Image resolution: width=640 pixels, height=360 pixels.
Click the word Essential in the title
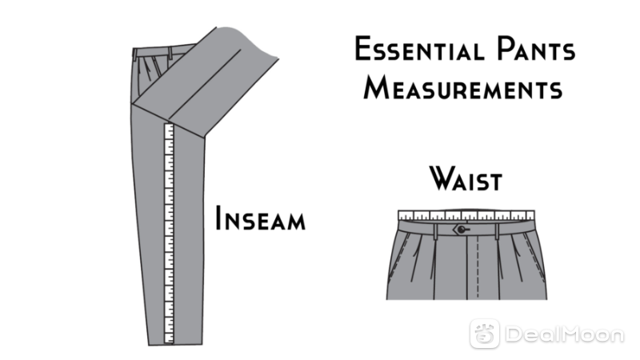click(x=419, y=49)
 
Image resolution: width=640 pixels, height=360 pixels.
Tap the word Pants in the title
click(x=536, y=49)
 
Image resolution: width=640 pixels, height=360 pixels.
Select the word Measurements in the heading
click(x=463, y=87)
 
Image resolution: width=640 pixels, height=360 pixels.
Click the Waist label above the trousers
click(x=466, y=178)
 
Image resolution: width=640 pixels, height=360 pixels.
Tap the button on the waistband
click(x=461, y=230)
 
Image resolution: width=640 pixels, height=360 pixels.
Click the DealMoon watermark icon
click(x=485, y=334)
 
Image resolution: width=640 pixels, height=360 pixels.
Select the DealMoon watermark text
click(x=565, y=334)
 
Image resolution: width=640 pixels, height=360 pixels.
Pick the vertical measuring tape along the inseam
click(x=169, y=233)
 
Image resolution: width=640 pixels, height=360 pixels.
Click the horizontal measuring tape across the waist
click(x=466, y=215)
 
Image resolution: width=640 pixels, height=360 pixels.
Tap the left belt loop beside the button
click(x=436, y=231)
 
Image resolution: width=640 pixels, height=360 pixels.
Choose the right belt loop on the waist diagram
click(x=497, y=231)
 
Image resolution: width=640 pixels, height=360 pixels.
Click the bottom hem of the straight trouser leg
click(x=175, y=345)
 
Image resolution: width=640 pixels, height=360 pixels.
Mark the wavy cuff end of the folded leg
click(x=248, y=42)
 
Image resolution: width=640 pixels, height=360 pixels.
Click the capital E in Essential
click(x=363, y=49)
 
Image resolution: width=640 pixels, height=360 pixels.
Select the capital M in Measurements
click(x=375, y=87)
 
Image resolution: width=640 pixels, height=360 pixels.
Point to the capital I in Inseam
click(x=218, y=218)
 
